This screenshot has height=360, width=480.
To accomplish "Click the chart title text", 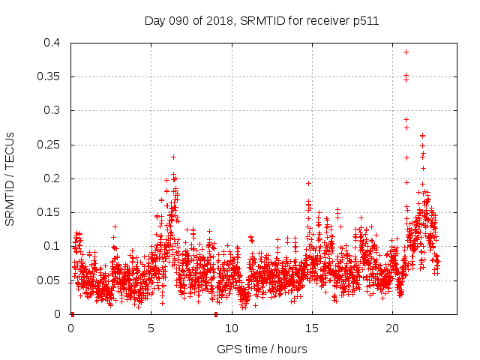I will [x=261, y=21].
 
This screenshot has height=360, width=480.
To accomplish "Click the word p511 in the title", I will [x=364, y=21].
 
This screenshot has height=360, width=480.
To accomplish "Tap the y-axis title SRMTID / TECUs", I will [x=10, y=179].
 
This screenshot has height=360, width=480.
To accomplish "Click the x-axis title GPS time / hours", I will [x=262, y=349].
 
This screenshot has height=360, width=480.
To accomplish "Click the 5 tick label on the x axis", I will [x=151, y=328].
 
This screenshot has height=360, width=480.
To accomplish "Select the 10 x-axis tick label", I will [x=232, y=328].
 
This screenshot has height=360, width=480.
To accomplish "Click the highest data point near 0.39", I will [x=406, y=52].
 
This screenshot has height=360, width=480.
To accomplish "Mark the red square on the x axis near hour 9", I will [x=216, y=313].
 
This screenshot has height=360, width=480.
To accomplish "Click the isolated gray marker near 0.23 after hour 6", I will [x=173, y=157].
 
